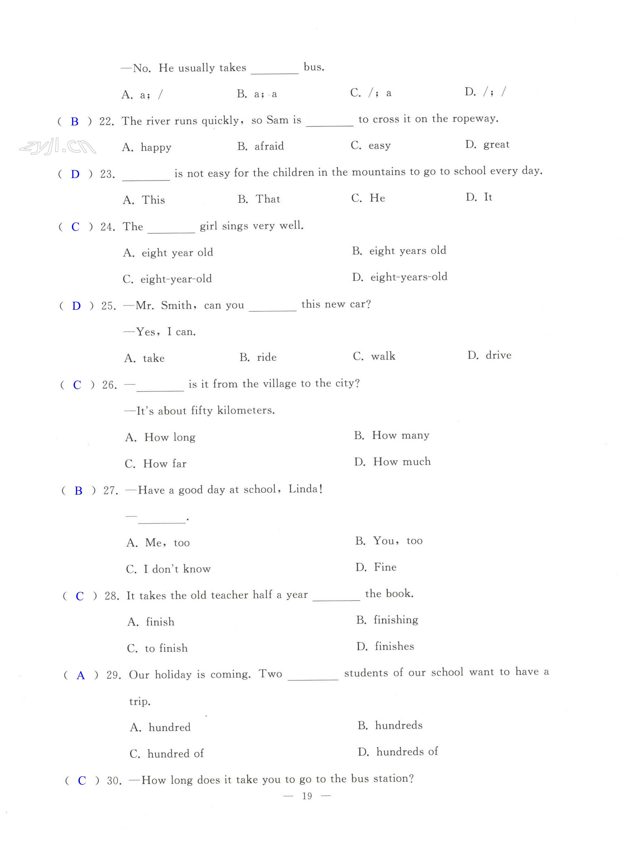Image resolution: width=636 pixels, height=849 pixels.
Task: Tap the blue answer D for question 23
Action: [x=75, y=174]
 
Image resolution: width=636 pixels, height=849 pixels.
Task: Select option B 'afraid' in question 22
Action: [x=261, y=146]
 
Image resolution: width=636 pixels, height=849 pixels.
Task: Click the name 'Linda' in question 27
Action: [x=303, y=489]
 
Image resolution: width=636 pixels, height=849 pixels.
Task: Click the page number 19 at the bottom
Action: [x=307, y=796]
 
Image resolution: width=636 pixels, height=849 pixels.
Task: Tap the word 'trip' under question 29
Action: [x=139, y=702]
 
